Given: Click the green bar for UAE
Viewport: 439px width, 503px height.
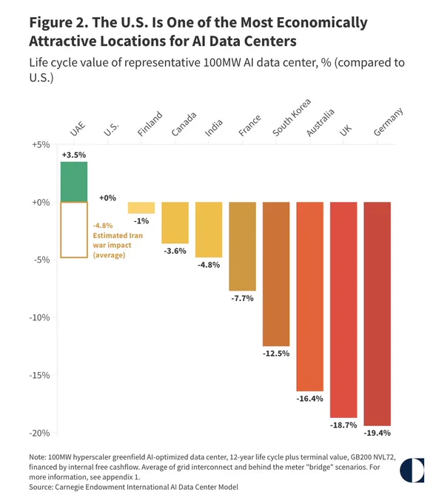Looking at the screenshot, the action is pyautogui.click(x=74, y=182).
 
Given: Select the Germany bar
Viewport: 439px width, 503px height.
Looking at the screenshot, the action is pyautogui.click(x=378, y=314).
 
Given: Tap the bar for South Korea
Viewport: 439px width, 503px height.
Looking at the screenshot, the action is pyautogui.click(x=276, y=274).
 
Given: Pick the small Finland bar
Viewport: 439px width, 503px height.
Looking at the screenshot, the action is pyautogui.click(x=141, y=208).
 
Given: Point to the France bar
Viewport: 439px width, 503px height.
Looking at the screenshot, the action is pyautogui.click(x=243, y=246).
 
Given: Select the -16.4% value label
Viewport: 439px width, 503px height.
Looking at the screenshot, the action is pyautogui.click(x=309, y=399).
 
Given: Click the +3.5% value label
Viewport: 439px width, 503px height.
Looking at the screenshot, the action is pyautogui.click(x=74, y=155).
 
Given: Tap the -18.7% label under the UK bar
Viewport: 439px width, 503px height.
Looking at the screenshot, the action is pyautogui.click(x=344, y=425).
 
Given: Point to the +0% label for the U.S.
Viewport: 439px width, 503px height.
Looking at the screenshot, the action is pyautogui.click(x=107, y=198).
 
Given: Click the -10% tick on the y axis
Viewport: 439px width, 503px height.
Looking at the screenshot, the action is pyautogui.click(x=39, y=317).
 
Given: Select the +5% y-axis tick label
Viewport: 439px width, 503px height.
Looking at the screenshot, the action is pyautogui.click(x=41, y=145).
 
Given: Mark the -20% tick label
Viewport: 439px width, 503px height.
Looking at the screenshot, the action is pyautogui.click(x=39, y=433).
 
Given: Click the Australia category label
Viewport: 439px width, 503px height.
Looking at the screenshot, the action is pyautogui.click(x=320, y=123).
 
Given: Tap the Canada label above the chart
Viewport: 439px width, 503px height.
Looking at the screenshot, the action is pyautogui.click(x=184, y=124).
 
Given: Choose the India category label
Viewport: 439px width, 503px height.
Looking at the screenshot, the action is pyautogui.click(x=213, y=128).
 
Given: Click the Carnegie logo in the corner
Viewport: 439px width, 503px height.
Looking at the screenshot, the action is pyautogui.click(x=412, y=470).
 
